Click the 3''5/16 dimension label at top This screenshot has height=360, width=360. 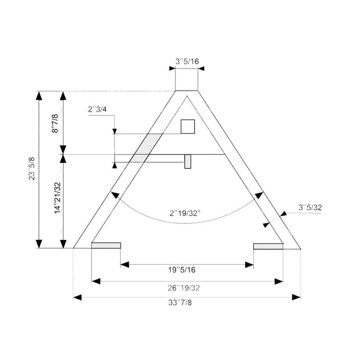click(187, 61)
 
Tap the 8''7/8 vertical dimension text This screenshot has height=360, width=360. click(55, 123)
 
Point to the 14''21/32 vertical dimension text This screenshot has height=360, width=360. click(57, 198)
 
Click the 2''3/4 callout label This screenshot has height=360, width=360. click(97, 109)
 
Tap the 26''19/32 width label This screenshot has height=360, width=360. click(184, 288)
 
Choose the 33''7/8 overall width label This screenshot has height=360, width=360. click(180, 303)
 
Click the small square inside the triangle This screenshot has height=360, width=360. click(188, 127)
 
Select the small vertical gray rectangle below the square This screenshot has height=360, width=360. click(188, 162)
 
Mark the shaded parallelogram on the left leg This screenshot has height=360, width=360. click(146, 148)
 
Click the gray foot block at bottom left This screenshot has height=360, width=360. click(106, 246)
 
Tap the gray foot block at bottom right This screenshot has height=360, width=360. click(268, 246)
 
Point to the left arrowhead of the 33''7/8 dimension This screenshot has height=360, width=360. click(77, 297)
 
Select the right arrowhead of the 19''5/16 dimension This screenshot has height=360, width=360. click(249, 265)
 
